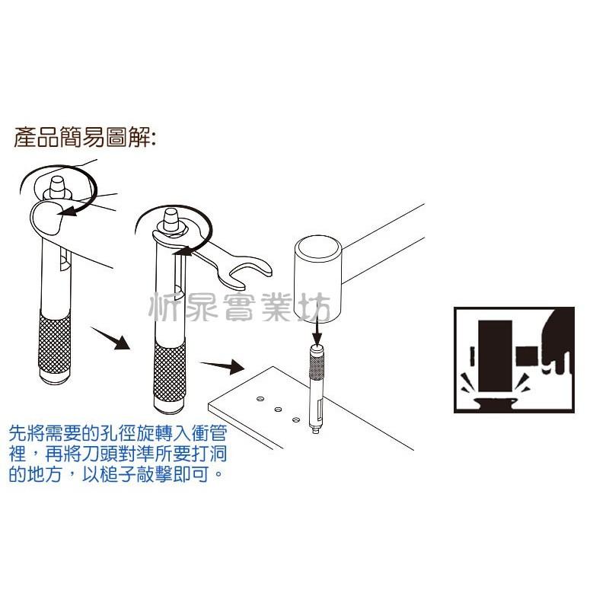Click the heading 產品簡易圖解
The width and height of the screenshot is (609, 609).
pyautogui.click(x=84, y=139)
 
